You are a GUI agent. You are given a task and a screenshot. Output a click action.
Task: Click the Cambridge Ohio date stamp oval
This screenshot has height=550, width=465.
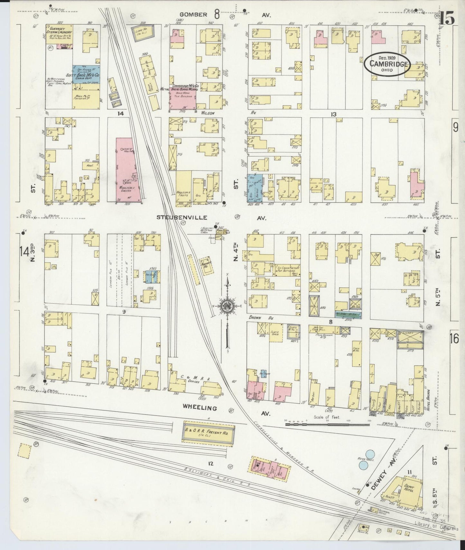(x=387, y=64)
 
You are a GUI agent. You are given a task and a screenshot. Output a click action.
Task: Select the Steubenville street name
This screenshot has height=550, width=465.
(x=181, y=217)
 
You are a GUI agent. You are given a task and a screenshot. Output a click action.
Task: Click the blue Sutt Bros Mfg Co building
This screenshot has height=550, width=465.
(x=86, y=75)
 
